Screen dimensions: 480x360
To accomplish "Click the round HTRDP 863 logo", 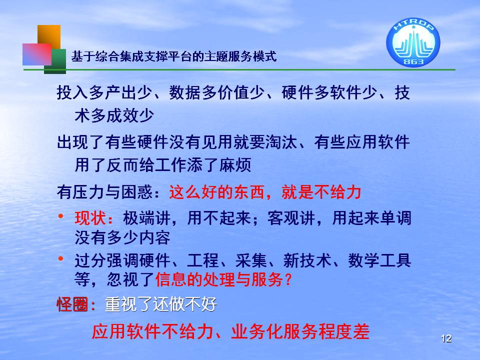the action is (413, 42).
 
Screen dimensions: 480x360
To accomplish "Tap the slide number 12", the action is (446, 338).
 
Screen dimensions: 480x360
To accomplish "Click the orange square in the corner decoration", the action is (49, 36).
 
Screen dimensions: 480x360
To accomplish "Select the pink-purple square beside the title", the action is (36, 54).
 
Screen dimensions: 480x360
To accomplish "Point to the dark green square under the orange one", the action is (55, 61).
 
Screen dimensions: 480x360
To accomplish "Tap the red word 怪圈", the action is (72, 304).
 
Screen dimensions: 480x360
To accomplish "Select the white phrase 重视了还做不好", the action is (161, 304).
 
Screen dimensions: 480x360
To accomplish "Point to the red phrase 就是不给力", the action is (321, 192).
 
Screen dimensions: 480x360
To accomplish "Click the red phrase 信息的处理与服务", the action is (219, 279).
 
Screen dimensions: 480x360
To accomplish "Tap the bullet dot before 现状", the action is (61, 216).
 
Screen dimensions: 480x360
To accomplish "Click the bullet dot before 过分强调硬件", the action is (61, 259).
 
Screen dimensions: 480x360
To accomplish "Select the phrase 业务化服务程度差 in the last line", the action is (300, 331).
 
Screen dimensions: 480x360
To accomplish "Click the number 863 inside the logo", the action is (413, 61).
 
